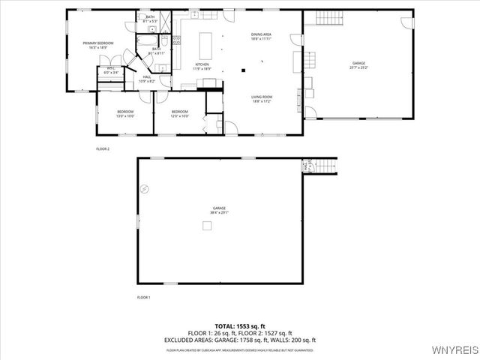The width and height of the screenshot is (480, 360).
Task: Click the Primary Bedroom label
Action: coord(98,45)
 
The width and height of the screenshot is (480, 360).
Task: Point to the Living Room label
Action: coord(261,97)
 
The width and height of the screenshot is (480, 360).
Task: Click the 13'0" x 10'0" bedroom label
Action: coord(125,114)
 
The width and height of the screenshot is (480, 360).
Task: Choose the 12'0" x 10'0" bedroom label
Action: coord(179,114)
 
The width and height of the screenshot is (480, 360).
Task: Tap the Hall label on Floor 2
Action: coord(147,78)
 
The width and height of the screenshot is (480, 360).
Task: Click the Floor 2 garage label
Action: coord(359,66)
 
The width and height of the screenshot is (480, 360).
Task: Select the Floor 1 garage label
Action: coord(218,210)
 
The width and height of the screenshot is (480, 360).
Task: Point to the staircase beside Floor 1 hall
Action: coord(323,166)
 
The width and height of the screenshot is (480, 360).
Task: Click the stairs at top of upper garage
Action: coord(326,17)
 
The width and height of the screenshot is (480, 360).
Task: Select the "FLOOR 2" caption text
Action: coord(103,149)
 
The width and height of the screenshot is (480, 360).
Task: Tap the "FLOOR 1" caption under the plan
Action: coord(143,298)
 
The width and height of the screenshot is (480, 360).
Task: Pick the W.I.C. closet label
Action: coord(110,71)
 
